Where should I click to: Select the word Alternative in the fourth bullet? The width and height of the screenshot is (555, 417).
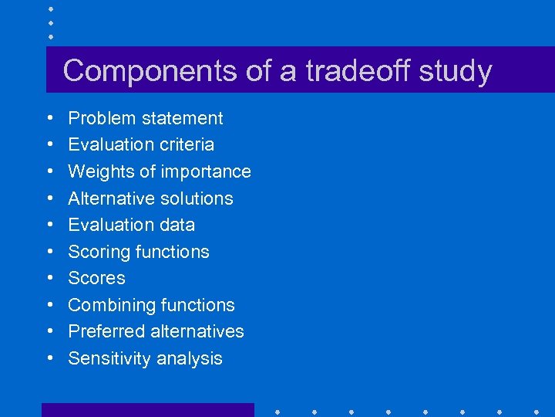pyautogui.click(x=109, y=198)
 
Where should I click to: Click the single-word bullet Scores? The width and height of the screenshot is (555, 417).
pyautogui.click(x=96, y=278)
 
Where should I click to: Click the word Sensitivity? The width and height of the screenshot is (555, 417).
pyautogui.click(x=108, y=358)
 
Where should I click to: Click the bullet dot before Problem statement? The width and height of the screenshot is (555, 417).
pyautogui.click(x=49, y=119)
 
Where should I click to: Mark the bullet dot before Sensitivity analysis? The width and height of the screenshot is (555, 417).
pyautogui.click(x=49, y=359)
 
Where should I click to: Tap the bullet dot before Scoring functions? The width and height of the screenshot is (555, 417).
pyautogui.click(x=49, y=253)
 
